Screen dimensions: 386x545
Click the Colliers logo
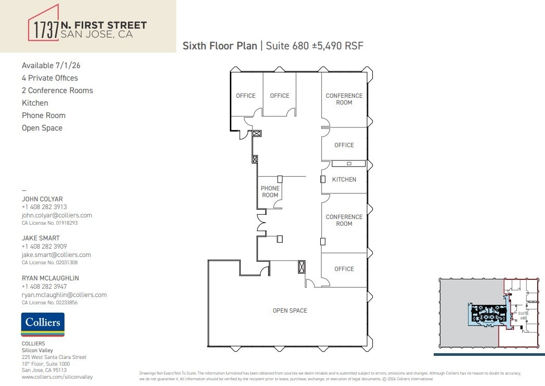[43, 324]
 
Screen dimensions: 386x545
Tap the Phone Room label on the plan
[270, 192]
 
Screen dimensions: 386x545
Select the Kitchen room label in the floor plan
[344, 179]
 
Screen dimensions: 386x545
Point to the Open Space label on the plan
[290, 311]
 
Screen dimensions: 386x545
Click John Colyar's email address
[57, 215]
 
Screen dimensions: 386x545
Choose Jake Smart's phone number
[44, 247]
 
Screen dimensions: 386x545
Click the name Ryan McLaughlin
[50, 278]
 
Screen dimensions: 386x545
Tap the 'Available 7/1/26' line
[51, 66]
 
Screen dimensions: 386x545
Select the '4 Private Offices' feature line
[50, 78]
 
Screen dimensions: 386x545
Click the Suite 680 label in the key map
[523, 316]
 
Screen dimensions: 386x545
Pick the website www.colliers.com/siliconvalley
[57, 377]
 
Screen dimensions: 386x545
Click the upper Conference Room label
[344, 99]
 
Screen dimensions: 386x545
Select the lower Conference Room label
[344, 220]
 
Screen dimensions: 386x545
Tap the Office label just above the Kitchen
[344, 145]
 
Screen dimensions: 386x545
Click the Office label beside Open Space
[344, 269]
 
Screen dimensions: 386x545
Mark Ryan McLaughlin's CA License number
[49, 302]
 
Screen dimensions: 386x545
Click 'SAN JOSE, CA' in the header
[97, 35]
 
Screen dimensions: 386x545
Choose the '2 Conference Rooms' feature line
[57, 91]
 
